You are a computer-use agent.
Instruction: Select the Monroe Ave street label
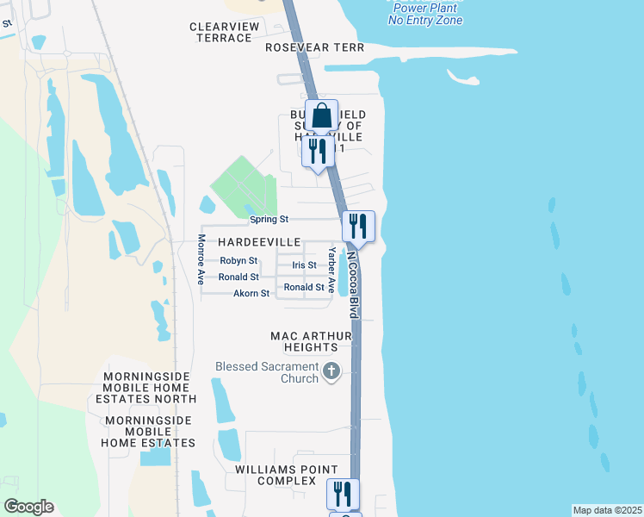click(x=201, y=259)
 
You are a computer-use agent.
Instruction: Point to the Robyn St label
click(x=238, y=260)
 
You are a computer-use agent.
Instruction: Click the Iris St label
click(x=304, y=265)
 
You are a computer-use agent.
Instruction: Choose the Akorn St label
click(x=251, y=294)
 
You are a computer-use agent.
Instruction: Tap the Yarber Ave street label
click(x=331, y=270)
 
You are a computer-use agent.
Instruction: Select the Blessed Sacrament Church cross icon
click(x=331, y=373)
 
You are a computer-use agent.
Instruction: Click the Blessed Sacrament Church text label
click(x=266, y=373)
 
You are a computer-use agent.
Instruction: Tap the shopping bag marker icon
click(x=320, y=115)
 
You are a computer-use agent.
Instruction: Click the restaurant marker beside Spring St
click(x=358, y=226)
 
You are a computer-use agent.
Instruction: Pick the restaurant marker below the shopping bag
click(x=318, y=152)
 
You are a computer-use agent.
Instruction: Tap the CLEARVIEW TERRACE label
click(x=224, y=32)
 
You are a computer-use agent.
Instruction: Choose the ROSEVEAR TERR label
click(x=315, y=47)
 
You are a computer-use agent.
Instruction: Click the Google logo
click(x=28, y=507)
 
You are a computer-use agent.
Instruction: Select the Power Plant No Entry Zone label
click(x=425, y=14)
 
